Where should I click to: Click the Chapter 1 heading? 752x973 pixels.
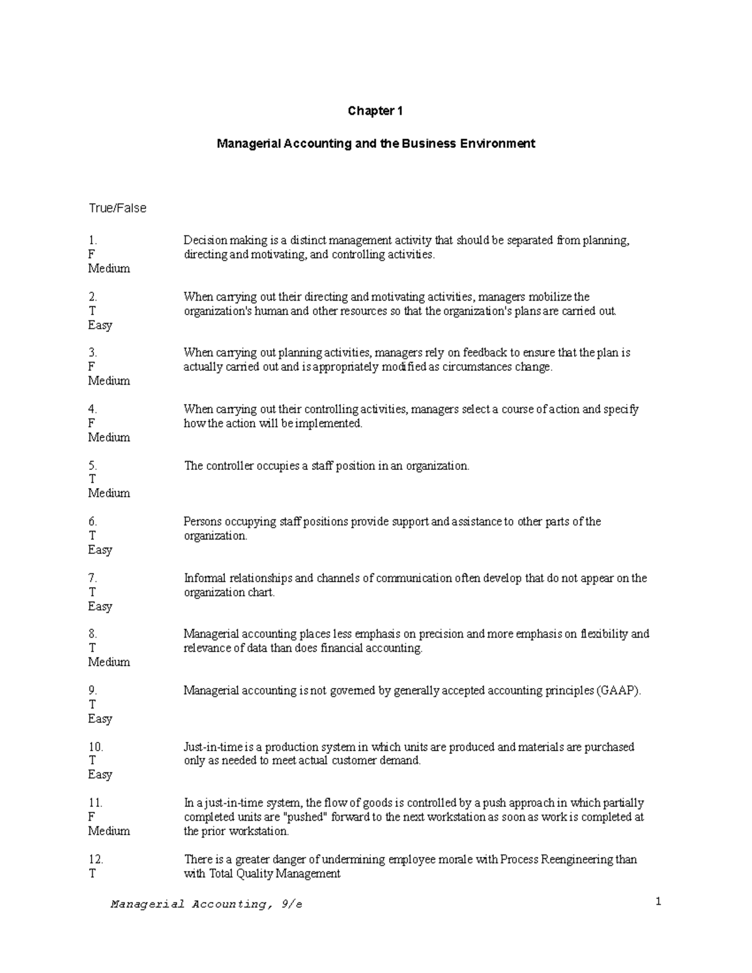pyautogui.click(x=375, y=111)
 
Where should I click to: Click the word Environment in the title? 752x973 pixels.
pyautogui.click(x=498, y=143)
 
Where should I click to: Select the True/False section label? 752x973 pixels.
pyautogui.click(x=117, y=208)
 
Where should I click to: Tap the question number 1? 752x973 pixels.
pyautogui.click(x=93, y=241)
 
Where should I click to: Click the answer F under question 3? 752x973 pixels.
pyautogui.click(x=91, y=367)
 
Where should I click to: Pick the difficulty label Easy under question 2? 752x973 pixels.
pyautogui.click(x=100, y=325)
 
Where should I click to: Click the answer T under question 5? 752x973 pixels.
pyautogui.click(x=92, y=479)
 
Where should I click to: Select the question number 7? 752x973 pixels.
pyautogui.click(x=93, y=578)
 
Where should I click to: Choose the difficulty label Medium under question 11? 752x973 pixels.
pyautogui.click(x=109, y=831)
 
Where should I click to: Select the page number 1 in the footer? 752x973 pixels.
pyautogui.click(x=658, y=902)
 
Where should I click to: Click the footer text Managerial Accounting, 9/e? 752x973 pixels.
pyautogui.click(x=206, y=904)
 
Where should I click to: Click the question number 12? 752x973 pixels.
pyautogui.click(x=95, y=859)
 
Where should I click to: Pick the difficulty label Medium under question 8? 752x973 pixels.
pyautogui.click(x=109, y=662)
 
